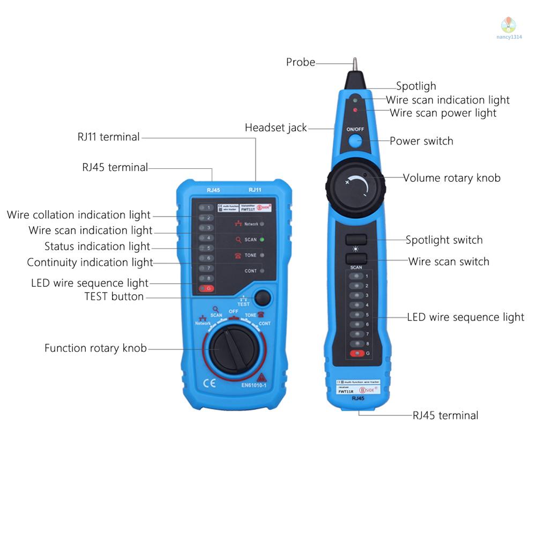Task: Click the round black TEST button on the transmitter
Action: [x=262, y=297]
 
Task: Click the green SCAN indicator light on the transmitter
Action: [x=262, y=240]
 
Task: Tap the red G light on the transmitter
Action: [x=205, y=289]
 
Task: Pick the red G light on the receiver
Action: [x=355, y=353]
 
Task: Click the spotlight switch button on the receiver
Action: [x=356, y=240]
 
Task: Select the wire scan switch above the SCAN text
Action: [x=356, y=258]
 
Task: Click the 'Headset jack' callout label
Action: [x=276, y=128]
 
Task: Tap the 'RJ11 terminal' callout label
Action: [x=108, y=137]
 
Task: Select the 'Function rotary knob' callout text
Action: [x=95, y=348]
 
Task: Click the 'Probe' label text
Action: [x=300, y=62]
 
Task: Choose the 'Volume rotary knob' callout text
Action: [x=451, y=178]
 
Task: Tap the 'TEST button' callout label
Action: [x=114, y=296]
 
